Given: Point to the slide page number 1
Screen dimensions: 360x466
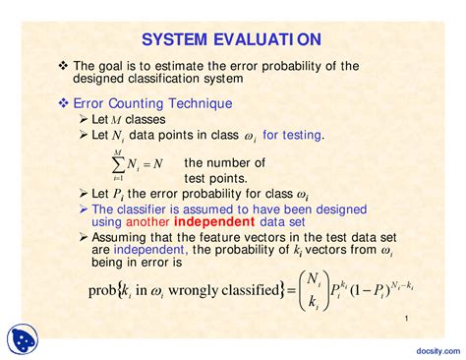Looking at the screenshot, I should [405, 321].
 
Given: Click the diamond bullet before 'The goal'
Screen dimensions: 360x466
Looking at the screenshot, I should [63, 65].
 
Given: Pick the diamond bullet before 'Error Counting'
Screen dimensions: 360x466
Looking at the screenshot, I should [63, 102].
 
